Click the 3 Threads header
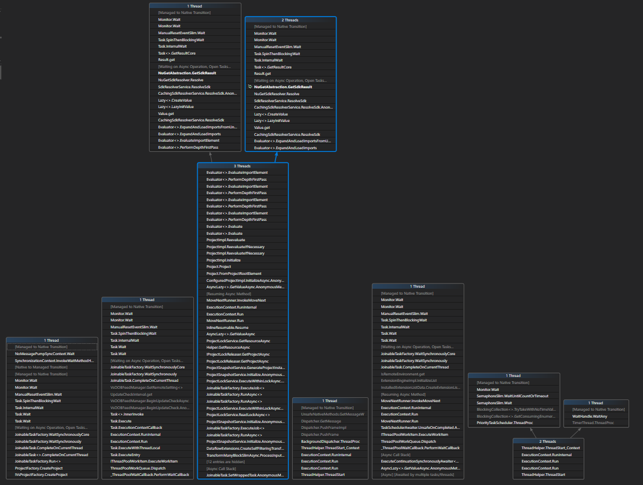[x=242, y=166]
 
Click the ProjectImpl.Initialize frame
[x=223, y=260]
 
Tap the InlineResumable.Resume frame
[x=227, y=327]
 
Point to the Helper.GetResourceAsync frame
[x=228, y=347]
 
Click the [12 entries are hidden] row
[x=225, y=461]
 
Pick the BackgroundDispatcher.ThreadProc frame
[x=330, y=441]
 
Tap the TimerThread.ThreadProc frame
[x=593, y=423]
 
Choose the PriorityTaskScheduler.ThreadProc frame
[x=504, y=423]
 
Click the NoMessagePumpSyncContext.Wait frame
[x=44, y=353]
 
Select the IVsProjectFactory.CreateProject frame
[x=41, y=475]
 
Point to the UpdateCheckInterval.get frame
[x=131, y=394]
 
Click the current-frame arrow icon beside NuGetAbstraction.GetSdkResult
[x=250, y=87]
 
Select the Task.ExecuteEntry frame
[x=125, y=455]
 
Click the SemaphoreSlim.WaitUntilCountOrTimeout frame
[x=513, y=396]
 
